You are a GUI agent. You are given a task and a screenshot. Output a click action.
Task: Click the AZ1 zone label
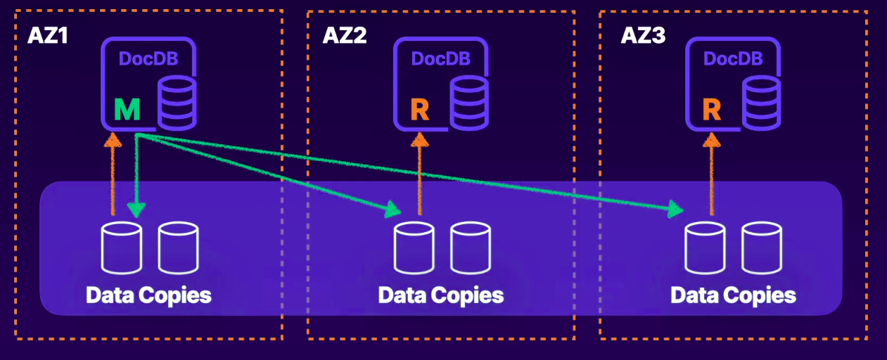47,35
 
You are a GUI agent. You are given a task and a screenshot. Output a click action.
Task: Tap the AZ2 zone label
345,35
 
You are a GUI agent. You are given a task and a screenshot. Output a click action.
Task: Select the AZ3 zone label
643,35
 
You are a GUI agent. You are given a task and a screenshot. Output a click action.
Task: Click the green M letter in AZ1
127,110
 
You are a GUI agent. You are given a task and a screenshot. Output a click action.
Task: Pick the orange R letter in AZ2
419,110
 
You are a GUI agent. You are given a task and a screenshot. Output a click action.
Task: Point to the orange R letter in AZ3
712,110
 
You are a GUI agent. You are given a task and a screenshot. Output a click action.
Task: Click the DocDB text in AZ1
148,59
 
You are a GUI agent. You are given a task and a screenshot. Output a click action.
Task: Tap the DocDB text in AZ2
440,59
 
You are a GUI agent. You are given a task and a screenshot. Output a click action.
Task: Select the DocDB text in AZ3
733,59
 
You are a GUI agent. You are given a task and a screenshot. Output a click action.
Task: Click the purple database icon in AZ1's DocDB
177,103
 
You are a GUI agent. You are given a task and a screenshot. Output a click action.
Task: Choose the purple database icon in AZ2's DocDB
468,103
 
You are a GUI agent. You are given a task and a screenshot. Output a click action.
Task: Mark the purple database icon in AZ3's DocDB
761,103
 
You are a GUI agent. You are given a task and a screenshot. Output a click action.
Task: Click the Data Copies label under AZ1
148,295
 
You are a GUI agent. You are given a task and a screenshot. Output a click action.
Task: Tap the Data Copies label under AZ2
441,295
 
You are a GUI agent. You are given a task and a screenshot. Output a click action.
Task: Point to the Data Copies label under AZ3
733,295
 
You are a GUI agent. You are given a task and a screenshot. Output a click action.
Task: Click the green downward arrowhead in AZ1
136,209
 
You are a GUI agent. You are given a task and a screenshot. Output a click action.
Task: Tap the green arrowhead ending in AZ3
677,209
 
